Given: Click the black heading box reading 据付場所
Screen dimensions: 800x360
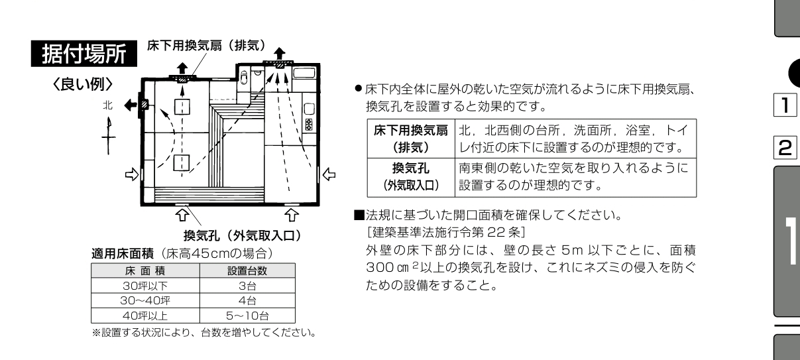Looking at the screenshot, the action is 84,54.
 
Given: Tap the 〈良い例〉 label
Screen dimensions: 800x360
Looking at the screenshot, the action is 83,84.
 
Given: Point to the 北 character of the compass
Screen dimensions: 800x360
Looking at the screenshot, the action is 108,105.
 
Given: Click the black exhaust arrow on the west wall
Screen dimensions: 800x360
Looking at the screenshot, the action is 131,105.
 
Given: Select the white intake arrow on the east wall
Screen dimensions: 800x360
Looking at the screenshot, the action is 329,175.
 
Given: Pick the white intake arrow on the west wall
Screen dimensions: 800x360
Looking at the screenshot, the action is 132,174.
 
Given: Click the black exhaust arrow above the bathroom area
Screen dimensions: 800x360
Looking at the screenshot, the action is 280,54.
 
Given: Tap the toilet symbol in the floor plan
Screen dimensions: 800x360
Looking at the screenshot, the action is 244,77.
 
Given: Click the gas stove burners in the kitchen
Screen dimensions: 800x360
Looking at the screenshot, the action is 309,125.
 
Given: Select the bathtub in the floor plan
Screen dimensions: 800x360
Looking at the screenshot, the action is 304,73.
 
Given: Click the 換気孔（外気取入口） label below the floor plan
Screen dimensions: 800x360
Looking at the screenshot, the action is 243,236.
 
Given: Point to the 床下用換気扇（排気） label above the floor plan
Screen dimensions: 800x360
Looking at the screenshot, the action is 207,46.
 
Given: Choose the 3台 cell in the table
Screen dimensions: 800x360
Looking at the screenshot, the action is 247,286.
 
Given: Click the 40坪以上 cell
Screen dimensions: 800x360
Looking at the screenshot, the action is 145,316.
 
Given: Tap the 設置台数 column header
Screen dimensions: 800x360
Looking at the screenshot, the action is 247,270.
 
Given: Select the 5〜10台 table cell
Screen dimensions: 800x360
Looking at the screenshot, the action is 247,316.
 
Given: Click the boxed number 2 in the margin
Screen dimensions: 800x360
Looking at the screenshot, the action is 785,147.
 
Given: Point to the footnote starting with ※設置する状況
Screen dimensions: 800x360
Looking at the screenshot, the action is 204,333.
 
